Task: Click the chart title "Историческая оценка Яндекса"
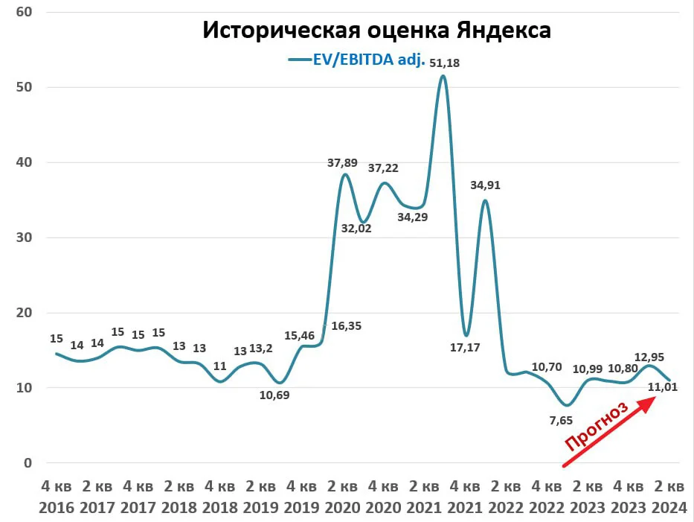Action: pyautogui.click(x=376, y=30)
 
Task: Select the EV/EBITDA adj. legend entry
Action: pyautogui.click(x=357, y=60)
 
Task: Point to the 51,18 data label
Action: pyautogui.click(x=444, y=63)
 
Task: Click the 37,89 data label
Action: pyautogui.click(x=342, y=163)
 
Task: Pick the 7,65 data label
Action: pyautogui.click(x=561, y=420)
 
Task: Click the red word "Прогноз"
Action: pyautogui.click(x=597, y=426)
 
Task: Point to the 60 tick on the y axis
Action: pyautogui.click(x=24, y=12)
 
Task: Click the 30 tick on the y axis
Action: pyautogui.click(x=24, y=238)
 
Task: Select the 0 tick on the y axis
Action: pyautogui.click(x=28, y=463)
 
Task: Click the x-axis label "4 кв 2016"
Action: pyautogui.click(x=57, y=497)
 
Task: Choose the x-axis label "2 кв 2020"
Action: pyautogui.click(x=342, y=497)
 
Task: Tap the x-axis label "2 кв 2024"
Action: pyautogui.click(x=669, y=497)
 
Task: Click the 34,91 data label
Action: pyautogui.click(x=485, y=185)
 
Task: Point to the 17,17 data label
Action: pyautogui.click(x=465, y=348)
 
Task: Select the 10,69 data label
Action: pyautogui.click(x=274, y=395)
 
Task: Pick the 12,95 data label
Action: pyautogui.click(x=649, y=357)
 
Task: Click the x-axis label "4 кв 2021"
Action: pyautogui.click(x=465, y=497)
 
